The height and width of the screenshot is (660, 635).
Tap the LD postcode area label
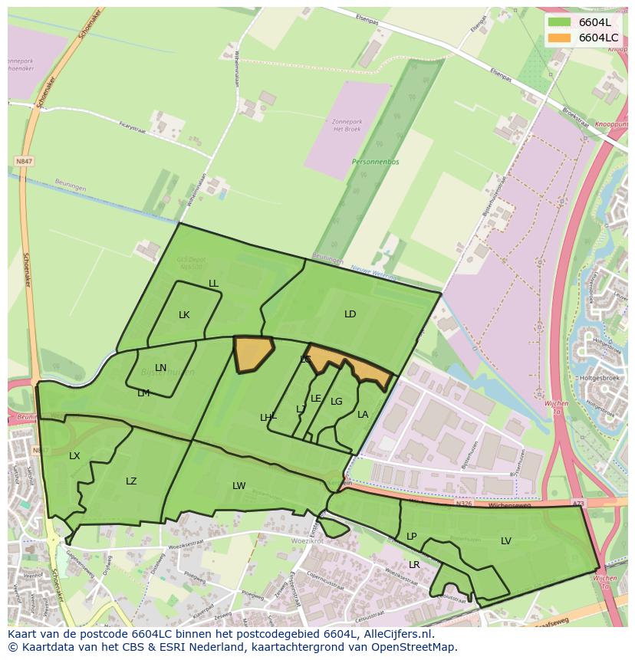point(350,314)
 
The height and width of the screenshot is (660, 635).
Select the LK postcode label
point(184,315)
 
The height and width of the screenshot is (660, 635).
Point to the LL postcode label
point(213,284)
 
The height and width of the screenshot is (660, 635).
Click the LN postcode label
point(160,368)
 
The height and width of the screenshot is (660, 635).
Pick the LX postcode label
point(74,456)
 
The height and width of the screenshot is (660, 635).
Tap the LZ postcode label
point(131,481)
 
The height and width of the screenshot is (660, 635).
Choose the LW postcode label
point(239,486)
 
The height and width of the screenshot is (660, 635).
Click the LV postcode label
point(506,541)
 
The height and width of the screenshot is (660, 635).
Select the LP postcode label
point(411,537)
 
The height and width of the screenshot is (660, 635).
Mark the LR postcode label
point(414,565)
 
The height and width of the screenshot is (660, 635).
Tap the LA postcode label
point(363,415)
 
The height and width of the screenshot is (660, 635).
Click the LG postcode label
point(337,402)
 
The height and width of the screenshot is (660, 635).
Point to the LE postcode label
point(316,399)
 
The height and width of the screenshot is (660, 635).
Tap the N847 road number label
point(24,162)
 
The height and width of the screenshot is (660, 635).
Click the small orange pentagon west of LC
point(252,353)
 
